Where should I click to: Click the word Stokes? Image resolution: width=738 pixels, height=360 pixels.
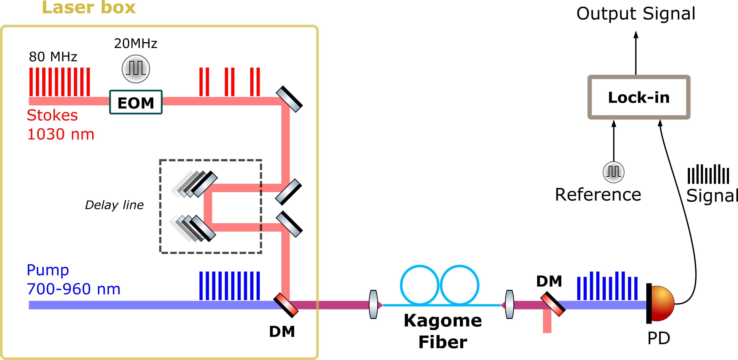(x=52, y=115)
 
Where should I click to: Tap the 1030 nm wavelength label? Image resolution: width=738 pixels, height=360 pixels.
(x=61, y=134)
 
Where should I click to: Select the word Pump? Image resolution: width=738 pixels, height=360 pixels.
(x=48, y=270)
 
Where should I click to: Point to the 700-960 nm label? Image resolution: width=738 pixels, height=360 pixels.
(x=73, y=289)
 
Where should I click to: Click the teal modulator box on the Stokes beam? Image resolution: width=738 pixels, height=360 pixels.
(x=136, y=102)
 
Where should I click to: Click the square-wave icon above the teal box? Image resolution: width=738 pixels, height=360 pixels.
(x=136, y=69)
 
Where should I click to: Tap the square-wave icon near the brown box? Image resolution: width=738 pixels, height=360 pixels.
(x=613, y=172)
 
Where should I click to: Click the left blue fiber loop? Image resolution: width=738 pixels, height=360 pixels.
(x=419, y=285)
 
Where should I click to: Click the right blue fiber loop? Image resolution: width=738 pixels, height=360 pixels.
(x=459, y=285)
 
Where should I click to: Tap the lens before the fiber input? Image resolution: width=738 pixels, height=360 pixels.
(x=373, y=304)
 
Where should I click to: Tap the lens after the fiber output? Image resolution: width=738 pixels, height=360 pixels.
(x=509, y=304)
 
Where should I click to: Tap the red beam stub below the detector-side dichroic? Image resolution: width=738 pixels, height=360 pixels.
(x=547, y=322)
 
